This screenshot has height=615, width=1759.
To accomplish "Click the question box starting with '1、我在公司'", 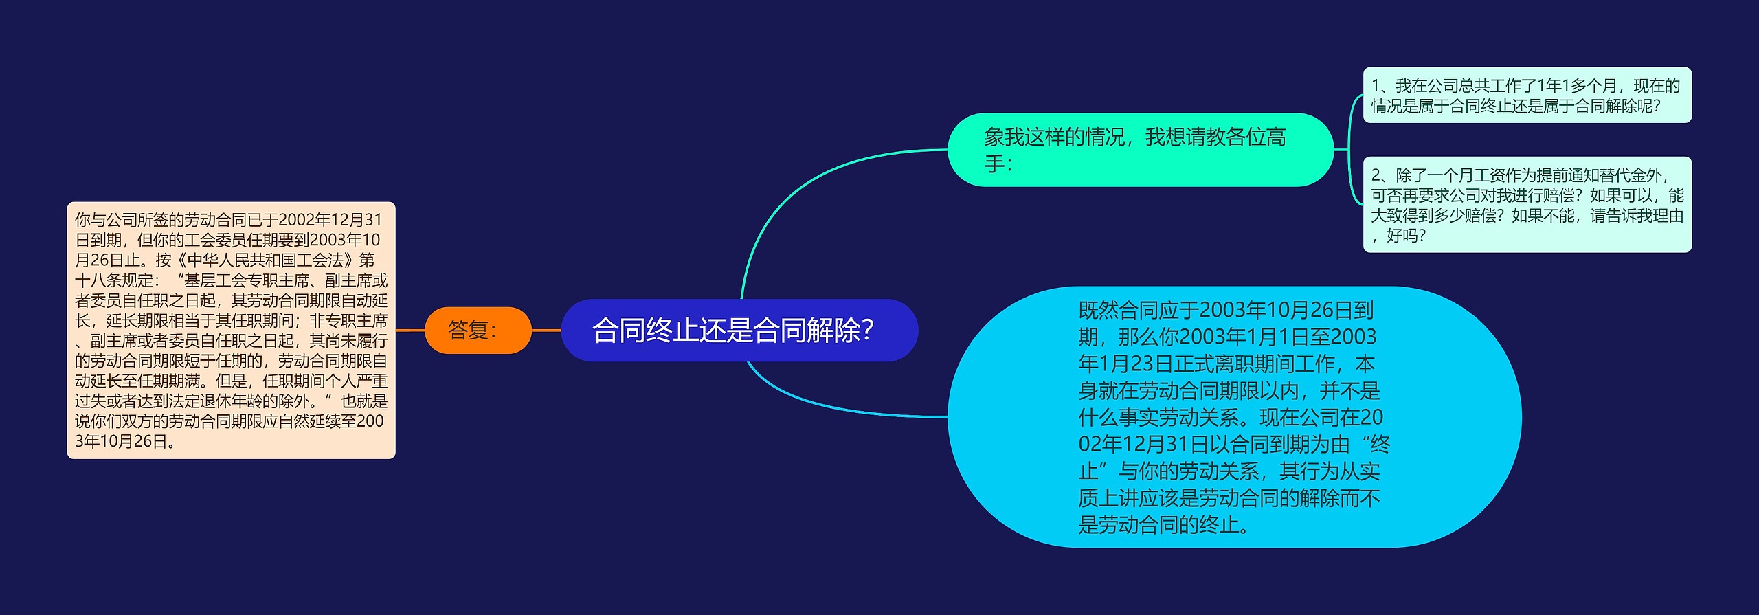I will click(1527, 96).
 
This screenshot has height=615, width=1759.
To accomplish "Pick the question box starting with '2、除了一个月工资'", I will click(1527, 205).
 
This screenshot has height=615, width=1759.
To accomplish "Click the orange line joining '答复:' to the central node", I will click(546, 331).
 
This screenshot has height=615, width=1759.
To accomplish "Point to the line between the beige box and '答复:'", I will click(410, 331).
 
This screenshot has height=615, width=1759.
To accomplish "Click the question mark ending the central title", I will click(867, 331).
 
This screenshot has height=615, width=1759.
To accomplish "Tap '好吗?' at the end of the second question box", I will click(1406, 236).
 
